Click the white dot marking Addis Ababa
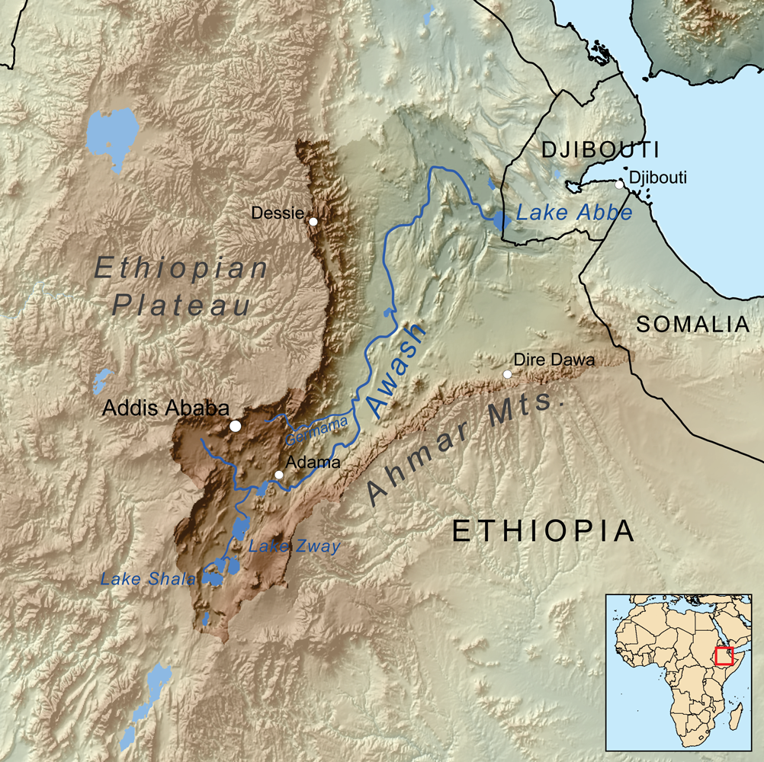click(x=236, y=426)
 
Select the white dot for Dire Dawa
click(x=507, y=373)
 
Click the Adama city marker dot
click(x=279, y=475)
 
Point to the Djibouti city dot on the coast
click(x=619, y=184)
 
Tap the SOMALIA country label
click(x=693, y=324)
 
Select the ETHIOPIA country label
click(x=543, y=530)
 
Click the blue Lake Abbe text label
click(x=573, y=213)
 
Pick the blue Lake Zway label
click(x=294, y=546)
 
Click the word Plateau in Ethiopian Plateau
click(x=181, y=306)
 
